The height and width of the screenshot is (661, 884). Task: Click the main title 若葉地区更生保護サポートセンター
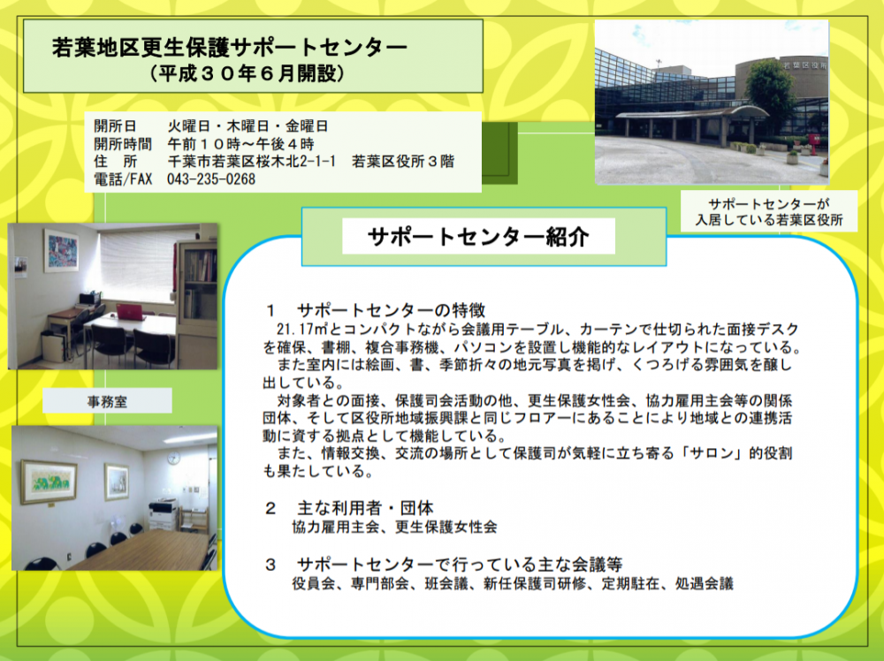230,48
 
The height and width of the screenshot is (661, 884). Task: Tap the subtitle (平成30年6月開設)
248,73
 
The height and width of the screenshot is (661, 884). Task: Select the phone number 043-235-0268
211,179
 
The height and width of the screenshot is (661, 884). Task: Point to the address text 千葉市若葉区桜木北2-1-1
251,162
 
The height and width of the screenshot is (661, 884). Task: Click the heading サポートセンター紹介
478,237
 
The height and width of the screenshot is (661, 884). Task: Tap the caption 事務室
107,402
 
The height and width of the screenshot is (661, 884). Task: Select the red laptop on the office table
131,311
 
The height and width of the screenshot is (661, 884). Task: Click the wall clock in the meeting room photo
173,458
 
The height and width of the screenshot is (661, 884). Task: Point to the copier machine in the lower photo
164,514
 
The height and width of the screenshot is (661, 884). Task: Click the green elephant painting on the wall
49,482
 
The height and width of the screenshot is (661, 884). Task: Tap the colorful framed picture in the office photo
62,251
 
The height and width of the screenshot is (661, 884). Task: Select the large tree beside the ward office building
771,95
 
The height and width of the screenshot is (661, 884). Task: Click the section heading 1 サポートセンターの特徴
375,310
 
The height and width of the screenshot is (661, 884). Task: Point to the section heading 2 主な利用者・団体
349,508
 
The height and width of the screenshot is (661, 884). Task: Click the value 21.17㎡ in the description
299,329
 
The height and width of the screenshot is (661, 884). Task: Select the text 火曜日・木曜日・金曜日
248,126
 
